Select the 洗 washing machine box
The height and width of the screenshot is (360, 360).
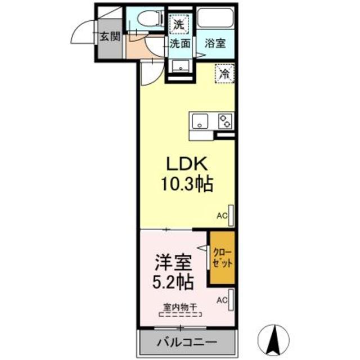point(178,24)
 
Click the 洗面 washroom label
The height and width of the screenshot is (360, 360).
point(180,43)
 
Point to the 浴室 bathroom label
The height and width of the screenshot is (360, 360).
point(215,43)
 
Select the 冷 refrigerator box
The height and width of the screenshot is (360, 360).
point(225,73)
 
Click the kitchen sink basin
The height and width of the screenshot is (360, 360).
point(201,121)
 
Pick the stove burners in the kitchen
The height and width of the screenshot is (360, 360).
point(225,121)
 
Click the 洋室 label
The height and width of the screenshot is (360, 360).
point(173,262)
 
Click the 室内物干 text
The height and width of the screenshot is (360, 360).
point(179,307)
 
